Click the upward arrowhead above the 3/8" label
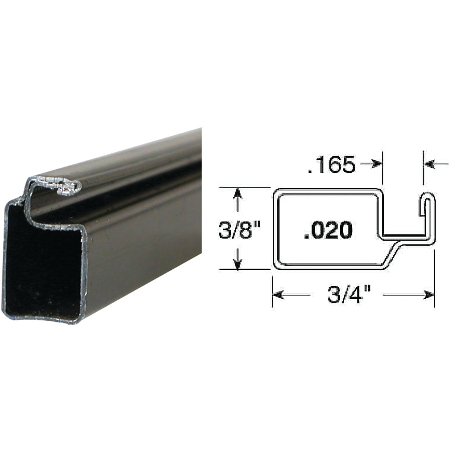tap(237, 195)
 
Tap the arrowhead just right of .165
tap(377, 164)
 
